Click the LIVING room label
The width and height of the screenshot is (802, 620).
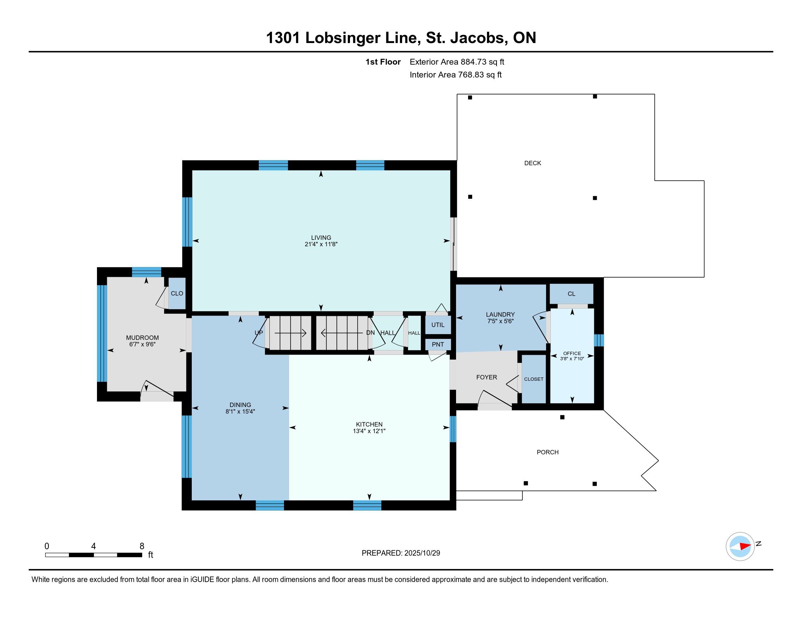coord(321,238)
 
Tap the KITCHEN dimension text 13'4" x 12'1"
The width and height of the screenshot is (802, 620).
coord(369,431)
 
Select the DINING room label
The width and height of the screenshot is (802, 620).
coord(240,405)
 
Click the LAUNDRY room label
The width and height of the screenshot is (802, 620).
coord(500,314)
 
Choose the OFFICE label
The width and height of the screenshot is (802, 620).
coord(572,353)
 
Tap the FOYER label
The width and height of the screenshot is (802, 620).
coord(487,377)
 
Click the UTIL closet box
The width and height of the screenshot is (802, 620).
coord(438,325)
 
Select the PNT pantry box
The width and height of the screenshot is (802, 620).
coord(438,345)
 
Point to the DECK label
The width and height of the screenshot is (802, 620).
coord(533,163)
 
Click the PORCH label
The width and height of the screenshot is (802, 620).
coord(548,452)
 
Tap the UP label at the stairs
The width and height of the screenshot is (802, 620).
coord(259,333)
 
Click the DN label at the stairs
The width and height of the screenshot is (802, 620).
coord(370,333)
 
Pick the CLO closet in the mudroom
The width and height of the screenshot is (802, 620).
coord(177,294)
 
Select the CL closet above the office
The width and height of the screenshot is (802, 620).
coord(571,294)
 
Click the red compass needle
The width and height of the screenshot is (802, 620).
coord(745,546)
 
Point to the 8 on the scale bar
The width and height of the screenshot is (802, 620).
coord(142,546)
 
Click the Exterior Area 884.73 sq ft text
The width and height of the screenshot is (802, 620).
coord(457,62)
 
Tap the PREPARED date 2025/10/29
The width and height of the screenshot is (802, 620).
coord(422,553)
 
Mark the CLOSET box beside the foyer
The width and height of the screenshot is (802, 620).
coord(534,379)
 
